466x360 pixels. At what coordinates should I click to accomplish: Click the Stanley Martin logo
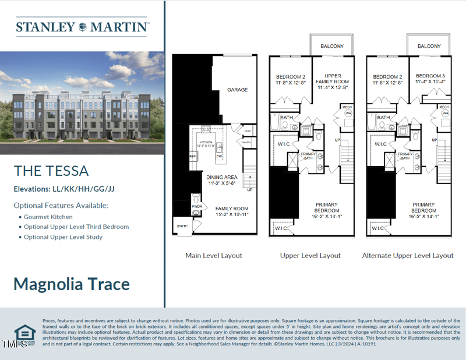click(82, 27)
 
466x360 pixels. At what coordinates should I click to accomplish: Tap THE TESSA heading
click(51, 171)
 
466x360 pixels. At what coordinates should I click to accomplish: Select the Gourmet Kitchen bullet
click(48, 217)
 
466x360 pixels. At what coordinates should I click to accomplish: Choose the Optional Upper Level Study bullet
click(63, 237)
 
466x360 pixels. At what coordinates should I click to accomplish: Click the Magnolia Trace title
click(72, 284)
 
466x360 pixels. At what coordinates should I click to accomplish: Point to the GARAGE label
click(237, 90)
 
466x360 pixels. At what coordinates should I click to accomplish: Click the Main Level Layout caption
click(214, 255)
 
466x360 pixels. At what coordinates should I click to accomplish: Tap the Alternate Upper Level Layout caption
click(408, 255)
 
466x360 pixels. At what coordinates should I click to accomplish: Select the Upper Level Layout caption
click(310, 255)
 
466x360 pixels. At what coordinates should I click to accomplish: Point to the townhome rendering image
click(82, 103)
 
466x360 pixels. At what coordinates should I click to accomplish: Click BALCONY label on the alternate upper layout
click(429, 46)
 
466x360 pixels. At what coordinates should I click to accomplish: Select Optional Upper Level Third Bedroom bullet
click(76, 227)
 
